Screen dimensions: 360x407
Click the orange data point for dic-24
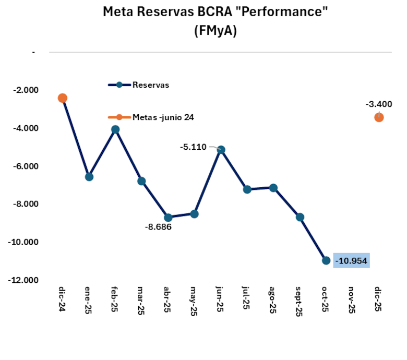(x=63, y=98)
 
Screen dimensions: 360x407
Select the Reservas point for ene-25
(x=89, y=177)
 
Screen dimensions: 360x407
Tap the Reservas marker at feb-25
(x=115, y=129)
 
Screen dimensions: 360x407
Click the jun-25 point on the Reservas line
(x=221, y=150)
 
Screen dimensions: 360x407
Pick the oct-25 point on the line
(x=326, y=260)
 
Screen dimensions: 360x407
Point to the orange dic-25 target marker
(x=379, y=117)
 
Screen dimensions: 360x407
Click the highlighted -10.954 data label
(x=352, y=260)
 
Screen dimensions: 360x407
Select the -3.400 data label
(x=379, y=104)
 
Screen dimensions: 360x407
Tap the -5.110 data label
(x=193, y=148)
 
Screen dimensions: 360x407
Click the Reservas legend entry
(x=151, y=85)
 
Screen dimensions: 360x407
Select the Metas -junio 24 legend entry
(x=163, y=117)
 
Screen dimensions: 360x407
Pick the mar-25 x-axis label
(x=141, y=301)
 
